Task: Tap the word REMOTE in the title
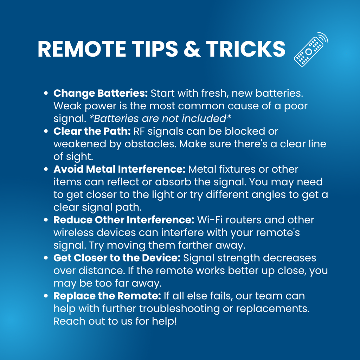click(x=82, y=49)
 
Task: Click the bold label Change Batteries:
click(x=101, y=93)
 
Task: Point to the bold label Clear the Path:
click(x=92, y=131)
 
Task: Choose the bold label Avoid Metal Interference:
click(x=120, y=169)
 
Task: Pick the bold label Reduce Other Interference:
click(x=124, y=220)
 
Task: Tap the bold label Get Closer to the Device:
click(x=117, y=258)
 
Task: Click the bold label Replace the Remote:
click(x=107, y=296)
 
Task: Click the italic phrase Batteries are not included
click(x=160, y=118)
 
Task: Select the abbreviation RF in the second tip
click(x=139, y=131)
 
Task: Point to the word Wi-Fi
click(x=210, y=220)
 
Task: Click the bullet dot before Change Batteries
click(x=46, y=93)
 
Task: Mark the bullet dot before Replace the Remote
click(x=46, y=296)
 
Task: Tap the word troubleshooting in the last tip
click(x=180, y=309)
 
